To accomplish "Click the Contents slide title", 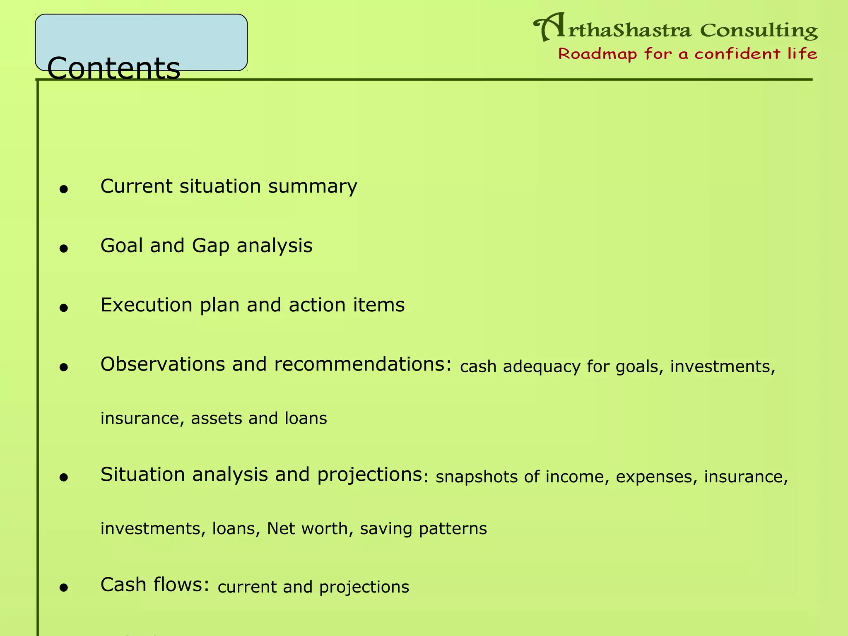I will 114,68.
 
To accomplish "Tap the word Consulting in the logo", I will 759,31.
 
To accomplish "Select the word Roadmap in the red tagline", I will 597,54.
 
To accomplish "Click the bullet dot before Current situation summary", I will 63,190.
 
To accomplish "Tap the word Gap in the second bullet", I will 210,246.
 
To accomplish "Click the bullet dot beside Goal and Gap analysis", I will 63,249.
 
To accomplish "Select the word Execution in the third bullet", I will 146,305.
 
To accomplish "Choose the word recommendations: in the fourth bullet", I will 363,364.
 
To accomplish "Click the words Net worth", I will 307,528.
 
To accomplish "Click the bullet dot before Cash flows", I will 63,588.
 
